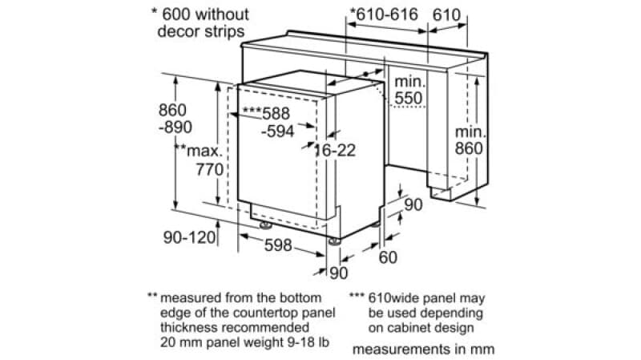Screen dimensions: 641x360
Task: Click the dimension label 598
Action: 278,245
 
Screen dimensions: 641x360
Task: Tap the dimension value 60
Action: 388,257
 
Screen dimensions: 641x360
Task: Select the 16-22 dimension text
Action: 335,151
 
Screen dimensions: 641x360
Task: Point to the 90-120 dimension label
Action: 189,237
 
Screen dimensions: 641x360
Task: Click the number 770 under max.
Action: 210,169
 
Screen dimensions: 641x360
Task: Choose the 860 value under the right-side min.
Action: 469,148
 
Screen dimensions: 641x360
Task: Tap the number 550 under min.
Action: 409,98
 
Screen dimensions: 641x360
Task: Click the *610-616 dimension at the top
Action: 384,14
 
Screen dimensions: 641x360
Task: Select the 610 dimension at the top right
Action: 447,15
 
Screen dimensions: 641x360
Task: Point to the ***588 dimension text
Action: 266,113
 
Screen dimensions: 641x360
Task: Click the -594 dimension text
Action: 277,131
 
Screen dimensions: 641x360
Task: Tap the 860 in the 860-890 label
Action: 172,110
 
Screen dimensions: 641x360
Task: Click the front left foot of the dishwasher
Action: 265,225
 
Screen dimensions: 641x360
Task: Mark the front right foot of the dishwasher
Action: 334,241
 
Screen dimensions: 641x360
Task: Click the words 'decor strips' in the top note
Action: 201,31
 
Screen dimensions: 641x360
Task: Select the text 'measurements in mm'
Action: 424,350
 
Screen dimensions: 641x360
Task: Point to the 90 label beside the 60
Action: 413,204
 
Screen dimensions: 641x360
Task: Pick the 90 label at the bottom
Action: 338,273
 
